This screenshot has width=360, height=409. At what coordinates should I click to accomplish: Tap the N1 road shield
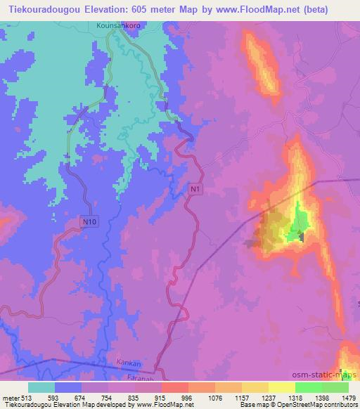coord(196,190)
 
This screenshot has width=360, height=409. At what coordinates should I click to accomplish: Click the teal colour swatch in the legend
coord(41,387)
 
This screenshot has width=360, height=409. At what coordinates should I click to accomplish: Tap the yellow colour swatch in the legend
coord(282,387)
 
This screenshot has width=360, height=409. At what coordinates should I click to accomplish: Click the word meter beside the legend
coord(10,397)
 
